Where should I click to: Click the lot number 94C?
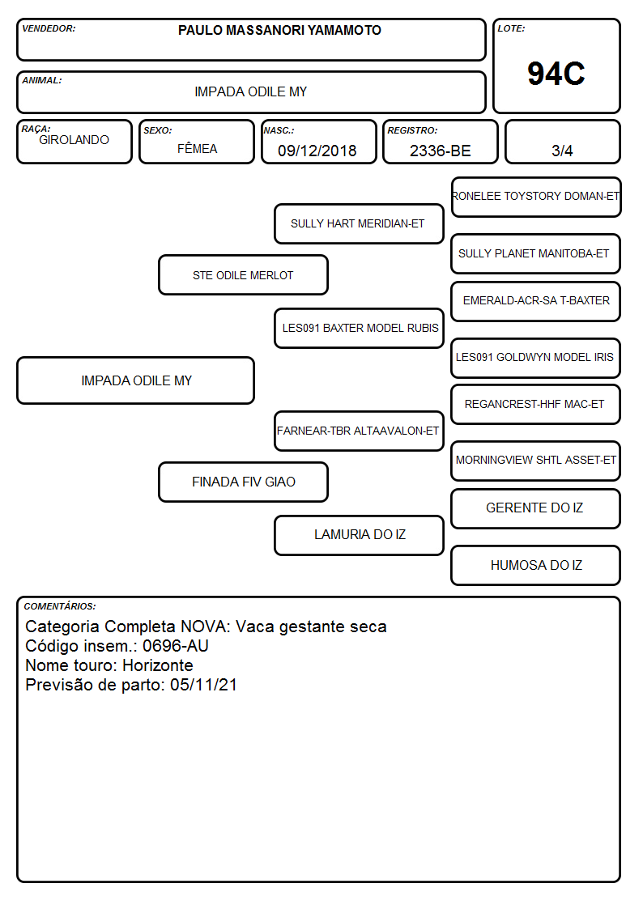(556, 74)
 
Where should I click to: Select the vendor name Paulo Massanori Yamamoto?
(279, 30)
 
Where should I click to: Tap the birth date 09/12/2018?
(317, 151)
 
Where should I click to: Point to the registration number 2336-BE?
(440, 151)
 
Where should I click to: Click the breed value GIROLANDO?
(74, 140)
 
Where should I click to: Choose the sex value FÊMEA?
(197, 148)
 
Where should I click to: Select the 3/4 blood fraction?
(562, 151)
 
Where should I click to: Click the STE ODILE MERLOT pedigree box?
(243, 274)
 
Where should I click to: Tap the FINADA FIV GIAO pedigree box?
(243, 482)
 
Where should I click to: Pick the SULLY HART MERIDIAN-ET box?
(359, 223)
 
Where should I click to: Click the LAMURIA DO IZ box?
(359, 534)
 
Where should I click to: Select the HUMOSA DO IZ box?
(536, 565)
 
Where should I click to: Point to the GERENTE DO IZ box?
(536, 508)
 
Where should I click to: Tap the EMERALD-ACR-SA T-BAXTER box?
(536, 301)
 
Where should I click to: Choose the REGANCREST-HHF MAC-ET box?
(536, 404)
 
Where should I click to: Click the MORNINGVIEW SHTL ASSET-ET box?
(536, 461)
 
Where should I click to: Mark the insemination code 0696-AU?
(176, 646)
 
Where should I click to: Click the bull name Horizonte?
(158, 665)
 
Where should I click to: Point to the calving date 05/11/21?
(203, 685)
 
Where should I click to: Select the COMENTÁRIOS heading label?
(60, 606)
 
